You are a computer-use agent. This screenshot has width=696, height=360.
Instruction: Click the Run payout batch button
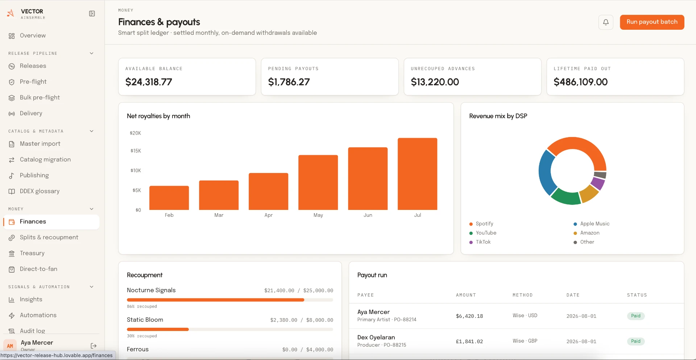point(652,22)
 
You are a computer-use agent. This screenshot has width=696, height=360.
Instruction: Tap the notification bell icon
point(606,22)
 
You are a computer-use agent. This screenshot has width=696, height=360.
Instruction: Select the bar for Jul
point(417,174)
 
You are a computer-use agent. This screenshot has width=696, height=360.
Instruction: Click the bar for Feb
point(169,198)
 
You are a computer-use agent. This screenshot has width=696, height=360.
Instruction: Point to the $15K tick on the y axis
point(136,151)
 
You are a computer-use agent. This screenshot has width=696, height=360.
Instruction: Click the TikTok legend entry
point(480,242)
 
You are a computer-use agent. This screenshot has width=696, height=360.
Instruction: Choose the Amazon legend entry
point(587,233)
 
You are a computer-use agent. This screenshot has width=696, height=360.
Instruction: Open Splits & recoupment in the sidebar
point(49,237)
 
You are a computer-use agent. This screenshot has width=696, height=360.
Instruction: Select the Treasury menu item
point(32,253)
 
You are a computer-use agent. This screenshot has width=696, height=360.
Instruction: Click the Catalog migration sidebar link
point(45,160)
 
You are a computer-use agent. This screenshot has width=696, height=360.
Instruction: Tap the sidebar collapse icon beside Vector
point(92,14)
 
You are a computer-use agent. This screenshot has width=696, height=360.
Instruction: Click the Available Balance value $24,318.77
point(149,82)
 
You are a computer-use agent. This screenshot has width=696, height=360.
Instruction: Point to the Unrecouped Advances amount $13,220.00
point(435,82)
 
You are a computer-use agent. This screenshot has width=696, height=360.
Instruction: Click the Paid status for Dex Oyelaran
point(635,341)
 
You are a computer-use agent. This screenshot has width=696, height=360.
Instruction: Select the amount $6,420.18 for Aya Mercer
point(469,316)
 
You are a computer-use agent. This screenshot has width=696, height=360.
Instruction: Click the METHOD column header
point(522,295)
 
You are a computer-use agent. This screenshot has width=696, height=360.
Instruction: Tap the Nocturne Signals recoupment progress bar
point(230,300)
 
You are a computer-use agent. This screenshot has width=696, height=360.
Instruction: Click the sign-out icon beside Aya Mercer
point(94,346)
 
